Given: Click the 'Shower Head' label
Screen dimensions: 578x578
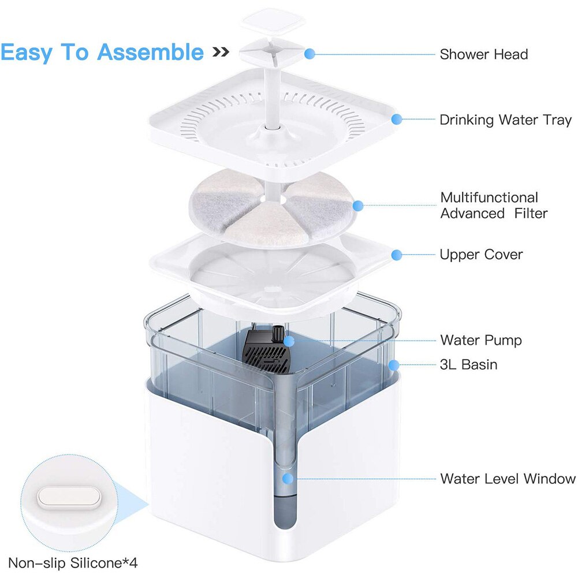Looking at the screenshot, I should [483, 54].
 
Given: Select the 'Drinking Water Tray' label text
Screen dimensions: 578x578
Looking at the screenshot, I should [505, 120].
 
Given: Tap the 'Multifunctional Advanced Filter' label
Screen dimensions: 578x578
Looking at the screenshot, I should [494, 206].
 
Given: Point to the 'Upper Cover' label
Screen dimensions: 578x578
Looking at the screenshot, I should [481, 255].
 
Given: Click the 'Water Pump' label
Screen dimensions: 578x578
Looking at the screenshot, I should [480, 340].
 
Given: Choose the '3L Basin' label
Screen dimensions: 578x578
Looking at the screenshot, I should [468, 365].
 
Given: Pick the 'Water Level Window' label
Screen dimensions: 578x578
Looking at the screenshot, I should [508, 479].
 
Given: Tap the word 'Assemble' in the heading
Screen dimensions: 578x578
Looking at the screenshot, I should [150, 52].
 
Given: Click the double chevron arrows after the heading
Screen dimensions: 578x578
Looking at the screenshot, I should [221, 53].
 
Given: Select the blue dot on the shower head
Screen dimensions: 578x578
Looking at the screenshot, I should [309, 54].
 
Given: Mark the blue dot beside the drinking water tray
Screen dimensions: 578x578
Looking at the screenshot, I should [396, 120].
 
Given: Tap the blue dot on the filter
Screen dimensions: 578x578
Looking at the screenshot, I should [357, 206].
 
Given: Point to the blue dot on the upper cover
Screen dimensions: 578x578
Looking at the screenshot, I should [396, 255].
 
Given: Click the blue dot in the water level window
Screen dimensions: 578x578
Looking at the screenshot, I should [286, 479].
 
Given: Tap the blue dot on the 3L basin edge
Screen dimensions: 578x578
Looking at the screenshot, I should [393, 365].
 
